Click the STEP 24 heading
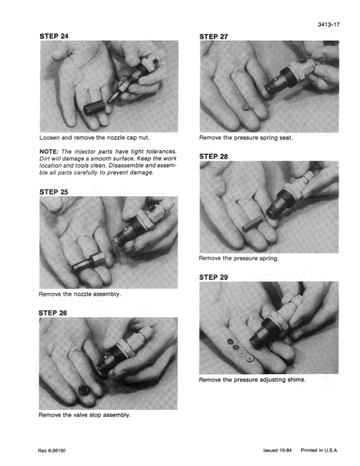click(x=54, y=36)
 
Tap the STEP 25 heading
click(x=54, y=192)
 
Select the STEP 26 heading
click(x=52, y=313)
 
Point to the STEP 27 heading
click(x=214, y=37)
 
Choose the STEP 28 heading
click(x=214, y=157)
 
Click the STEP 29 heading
click(x=214, y=277)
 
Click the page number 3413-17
click(x=328, y=25)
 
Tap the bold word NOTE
click(x=49, y=152)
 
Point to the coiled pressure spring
click(x=253, y=224)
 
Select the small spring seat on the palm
click(x=246, y=107)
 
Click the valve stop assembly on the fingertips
click(x=84, y=390)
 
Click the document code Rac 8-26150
click(x=52, y=451)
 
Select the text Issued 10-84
click(x=277, y=450)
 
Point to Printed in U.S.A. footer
click(x=319, y=450)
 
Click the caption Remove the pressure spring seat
click(x=246, y=138)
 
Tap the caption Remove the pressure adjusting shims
click(x=252, y=380)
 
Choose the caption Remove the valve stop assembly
click(x=85, y=415)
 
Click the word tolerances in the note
click(x=161, y=152)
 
